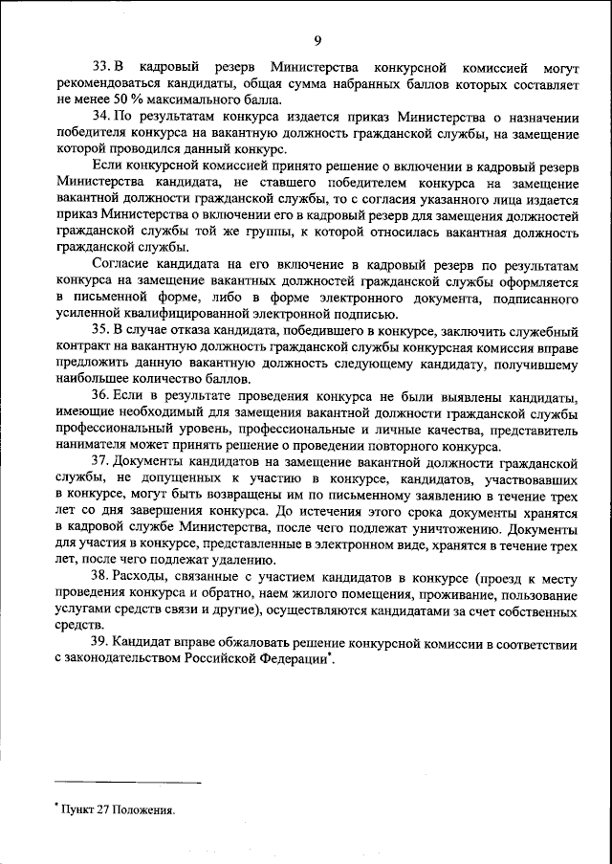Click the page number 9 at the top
(316, 39)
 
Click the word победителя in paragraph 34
(89, 133)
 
